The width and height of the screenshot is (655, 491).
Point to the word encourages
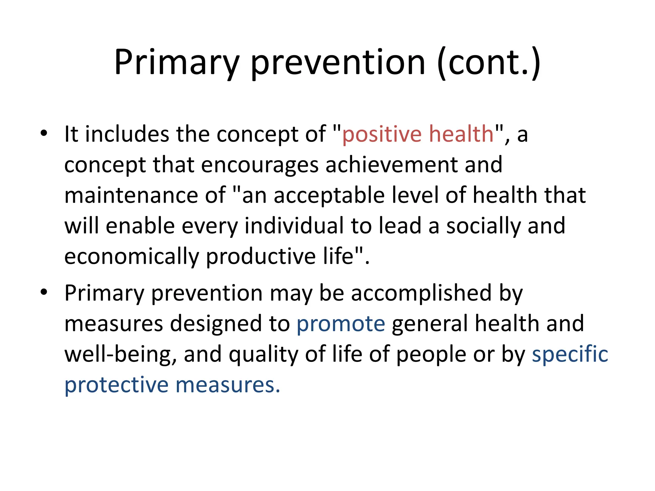(260, 165)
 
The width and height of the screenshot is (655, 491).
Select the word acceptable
(329, 196)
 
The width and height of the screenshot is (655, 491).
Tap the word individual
(294, 226)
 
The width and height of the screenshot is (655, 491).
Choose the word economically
(131, 257)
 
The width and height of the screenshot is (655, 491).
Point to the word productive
(261, 257)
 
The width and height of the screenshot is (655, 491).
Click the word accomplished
(421, 293)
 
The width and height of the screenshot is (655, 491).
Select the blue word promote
(341, 323)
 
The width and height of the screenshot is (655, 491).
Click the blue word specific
(570, 355)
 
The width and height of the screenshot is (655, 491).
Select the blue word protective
(116, 385)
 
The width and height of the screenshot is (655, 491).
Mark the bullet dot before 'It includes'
(44, 133)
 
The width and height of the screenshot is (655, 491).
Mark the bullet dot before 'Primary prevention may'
(44, 292)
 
